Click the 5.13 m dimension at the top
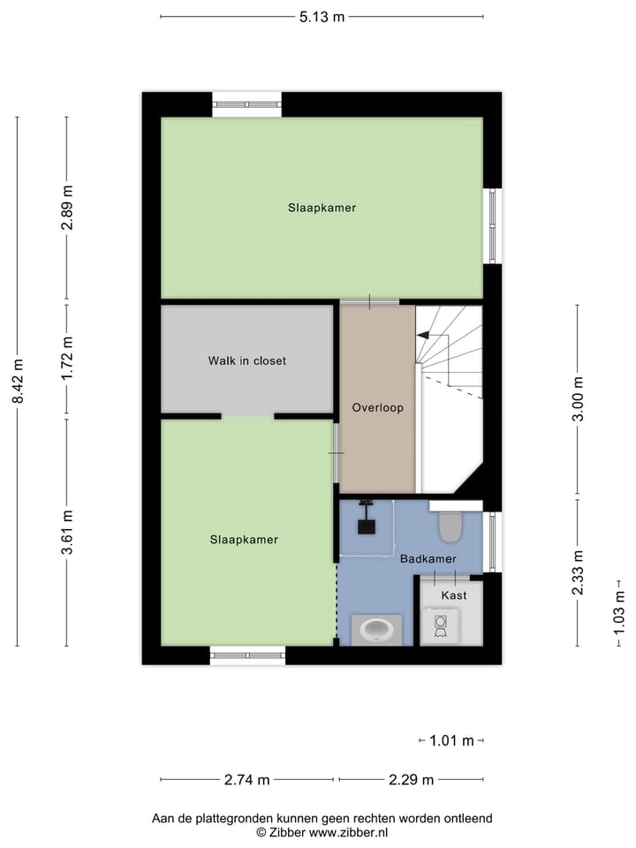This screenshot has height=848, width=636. [x=321, y=16]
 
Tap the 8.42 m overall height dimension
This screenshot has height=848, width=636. [x=18, y=382]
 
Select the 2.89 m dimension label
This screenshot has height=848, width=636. [x=67, y=208]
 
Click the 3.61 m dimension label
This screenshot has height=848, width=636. [x=67, y=533]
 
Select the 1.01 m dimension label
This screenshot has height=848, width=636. [x=451, y=740]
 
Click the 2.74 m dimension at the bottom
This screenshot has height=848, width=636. [x=246, y=779]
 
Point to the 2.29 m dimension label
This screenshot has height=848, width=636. [x=412, y=779]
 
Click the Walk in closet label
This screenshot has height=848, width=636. [x=247, y=360]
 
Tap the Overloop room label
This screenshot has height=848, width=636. [x=377, y=408]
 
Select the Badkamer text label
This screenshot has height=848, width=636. [x=428, y=559]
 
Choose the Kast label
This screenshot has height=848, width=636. [x=453, y=595]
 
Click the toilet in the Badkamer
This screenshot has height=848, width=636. [x=450, y=526]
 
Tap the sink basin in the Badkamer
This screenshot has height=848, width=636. [x=378, y=630]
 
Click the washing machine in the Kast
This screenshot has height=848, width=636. [x=440, y=625]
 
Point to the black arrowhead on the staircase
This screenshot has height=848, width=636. [x=422, y=336]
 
